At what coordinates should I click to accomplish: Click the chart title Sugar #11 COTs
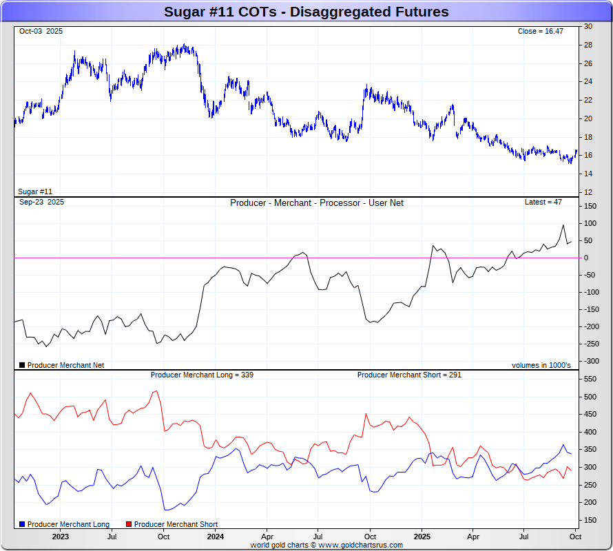306,12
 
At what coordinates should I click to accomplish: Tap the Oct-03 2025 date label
41,32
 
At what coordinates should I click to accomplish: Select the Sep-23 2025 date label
41,202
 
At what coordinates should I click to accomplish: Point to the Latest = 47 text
543,202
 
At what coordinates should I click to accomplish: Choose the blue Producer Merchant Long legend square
22,525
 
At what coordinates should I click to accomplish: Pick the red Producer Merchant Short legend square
128,525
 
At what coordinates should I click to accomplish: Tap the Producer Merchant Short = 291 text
409,375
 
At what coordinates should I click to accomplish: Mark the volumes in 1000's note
541,365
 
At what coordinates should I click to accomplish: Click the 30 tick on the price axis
588,26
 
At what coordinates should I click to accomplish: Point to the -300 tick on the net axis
590,361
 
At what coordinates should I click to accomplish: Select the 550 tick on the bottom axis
590,380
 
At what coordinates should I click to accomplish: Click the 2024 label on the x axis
215,537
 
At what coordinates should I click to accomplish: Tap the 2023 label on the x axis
60,537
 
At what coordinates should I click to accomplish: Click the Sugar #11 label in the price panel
35,191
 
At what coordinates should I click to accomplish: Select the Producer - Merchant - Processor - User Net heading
317,203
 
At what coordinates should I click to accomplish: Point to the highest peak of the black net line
563,225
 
